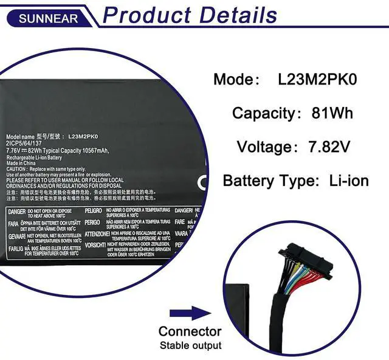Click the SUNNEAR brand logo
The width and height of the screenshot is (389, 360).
48,18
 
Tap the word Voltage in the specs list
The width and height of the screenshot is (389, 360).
264,147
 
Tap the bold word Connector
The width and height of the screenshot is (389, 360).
190,331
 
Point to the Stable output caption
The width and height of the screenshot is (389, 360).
190,346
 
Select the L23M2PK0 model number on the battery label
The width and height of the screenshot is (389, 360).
83,137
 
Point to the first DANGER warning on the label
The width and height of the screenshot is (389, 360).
16,211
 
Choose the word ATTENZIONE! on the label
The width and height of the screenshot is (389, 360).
97,234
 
